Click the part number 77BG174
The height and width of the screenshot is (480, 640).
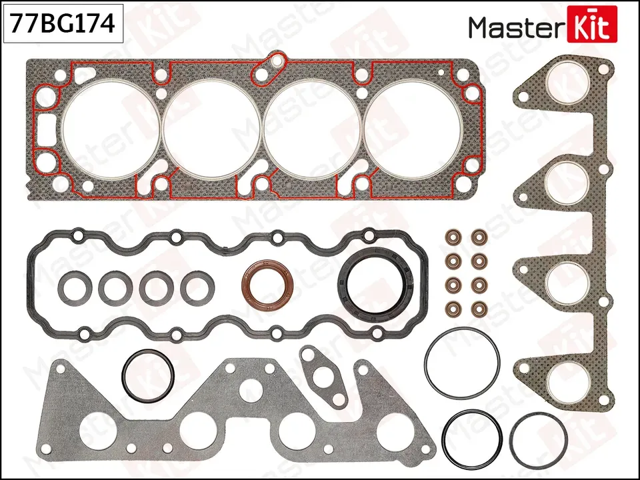[x=63, y=25]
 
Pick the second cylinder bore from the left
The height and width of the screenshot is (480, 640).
[x=212, y=129]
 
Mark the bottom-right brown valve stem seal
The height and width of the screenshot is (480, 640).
[x=478, y=309]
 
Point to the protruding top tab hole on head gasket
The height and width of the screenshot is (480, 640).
[x=272, y=64]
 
